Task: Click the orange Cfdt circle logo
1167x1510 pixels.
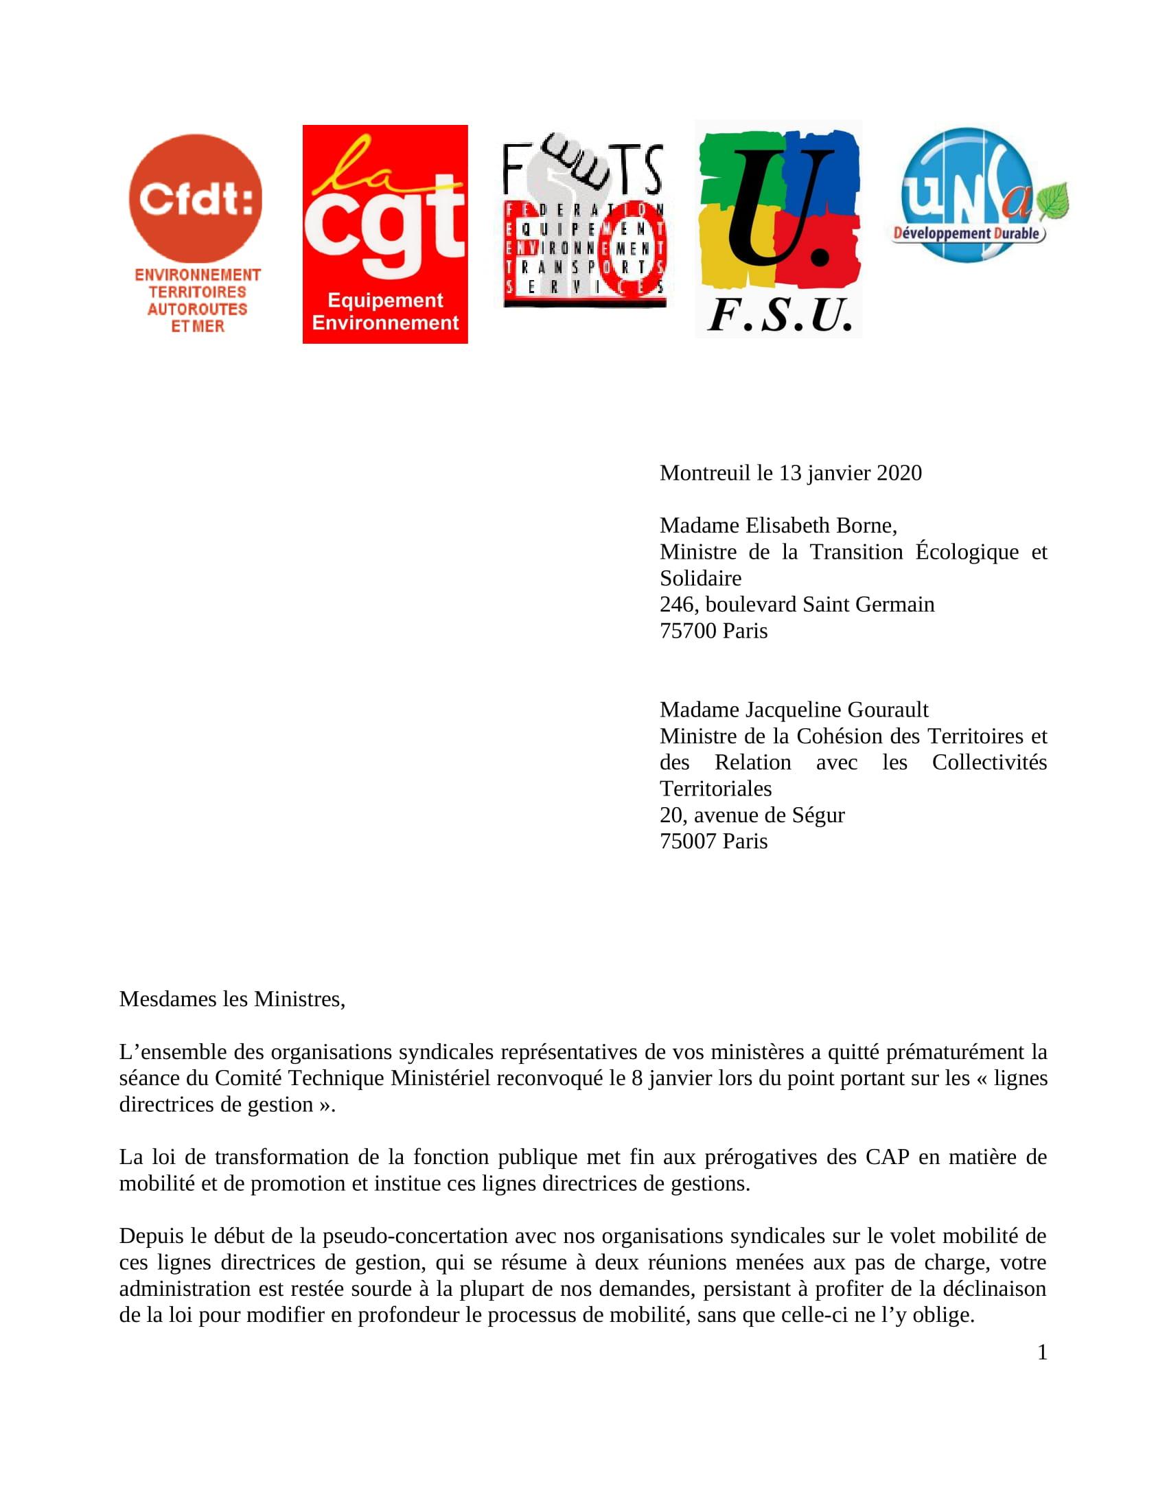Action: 196,199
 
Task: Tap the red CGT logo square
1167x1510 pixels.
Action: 385,233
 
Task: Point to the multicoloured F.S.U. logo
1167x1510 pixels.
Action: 779,228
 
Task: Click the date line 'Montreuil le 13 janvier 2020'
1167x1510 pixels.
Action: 790,473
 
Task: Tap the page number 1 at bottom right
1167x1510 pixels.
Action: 1042,1352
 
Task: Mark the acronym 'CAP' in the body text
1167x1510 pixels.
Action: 887,1157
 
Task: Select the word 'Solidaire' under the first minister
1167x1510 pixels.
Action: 700,578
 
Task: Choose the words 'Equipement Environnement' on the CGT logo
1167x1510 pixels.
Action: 385,312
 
